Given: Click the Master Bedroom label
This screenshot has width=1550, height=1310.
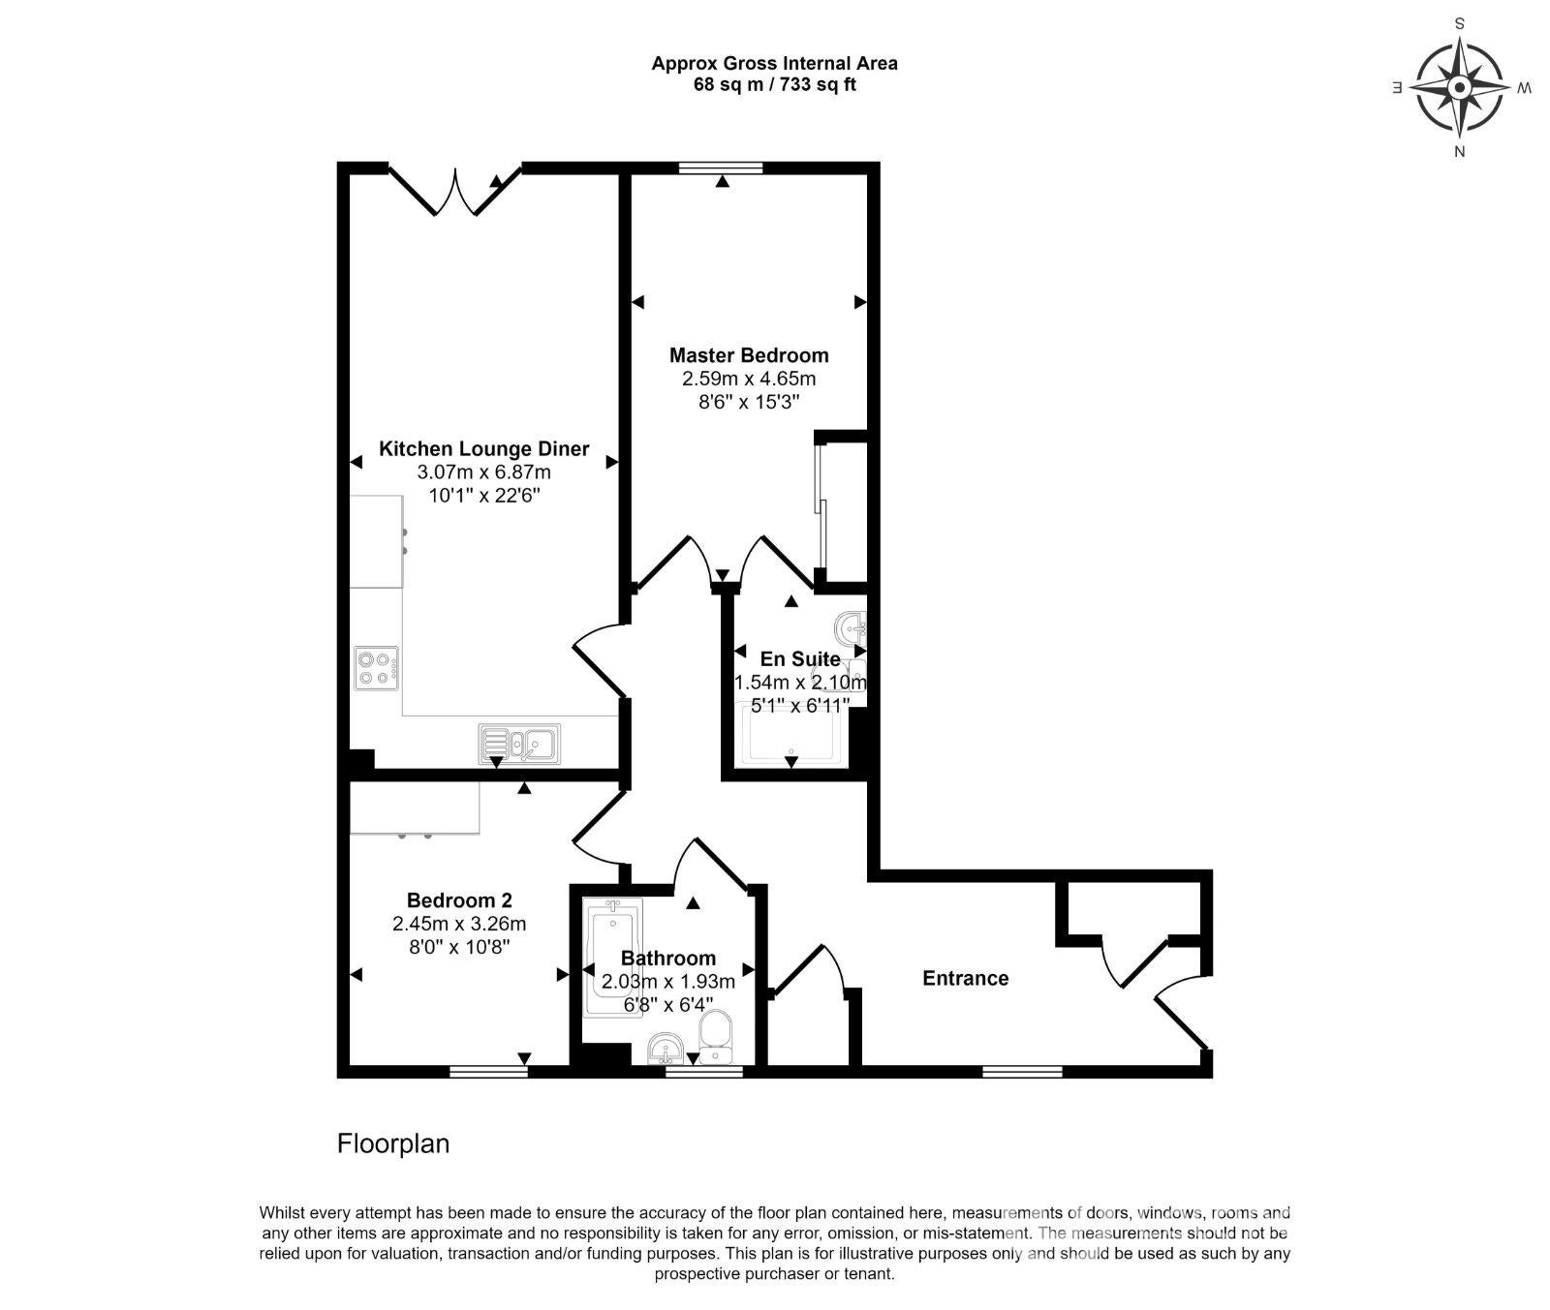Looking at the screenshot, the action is point(749,355).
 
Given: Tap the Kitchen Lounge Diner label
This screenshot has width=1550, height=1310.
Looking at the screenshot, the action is point(483,449).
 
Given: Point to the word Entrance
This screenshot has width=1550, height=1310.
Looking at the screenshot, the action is point(965,978).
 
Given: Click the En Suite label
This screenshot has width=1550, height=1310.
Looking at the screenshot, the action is point(800,659).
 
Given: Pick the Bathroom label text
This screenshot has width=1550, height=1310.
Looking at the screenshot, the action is point(668,959).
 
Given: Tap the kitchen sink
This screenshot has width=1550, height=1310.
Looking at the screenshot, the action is point(519,743).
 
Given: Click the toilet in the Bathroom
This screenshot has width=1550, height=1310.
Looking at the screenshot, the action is point(717,1038).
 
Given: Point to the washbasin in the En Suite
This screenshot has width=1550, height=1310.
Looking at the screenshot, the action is point(852,629).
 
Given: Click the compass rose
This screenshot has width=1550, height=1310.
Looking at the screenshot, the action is point(1460,88).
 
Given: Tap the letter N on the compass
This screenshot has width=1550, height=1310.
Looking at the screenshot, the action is point(1459,151).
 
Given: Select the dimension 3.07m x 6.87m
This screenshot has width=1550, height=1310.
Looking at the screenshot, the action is point(483,472).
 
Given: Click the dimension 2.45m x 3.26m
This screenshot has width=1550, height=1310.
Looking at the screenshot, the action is point(459,924).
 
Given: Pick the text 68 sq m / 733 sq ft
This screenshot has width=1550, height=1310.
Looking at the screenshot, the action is point(774,84).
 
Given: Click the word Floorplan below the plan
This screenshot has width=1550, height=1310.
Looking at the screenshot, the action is point(393,1143).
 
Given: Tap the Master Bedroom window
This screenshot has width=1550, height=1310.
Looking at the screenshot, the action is point(721,168).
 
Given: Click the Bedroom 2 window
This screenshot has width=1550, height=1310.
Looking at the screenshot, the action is point(489,1072).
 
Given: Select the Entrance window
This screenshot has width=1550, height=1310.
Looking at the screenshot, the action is point(1022,1072).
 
